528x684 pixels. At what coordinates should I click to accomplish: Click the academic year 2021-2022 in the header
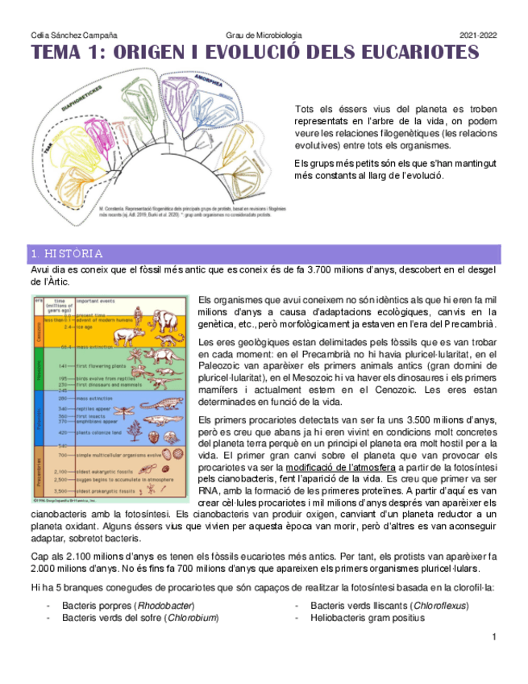click(x=478, y=36)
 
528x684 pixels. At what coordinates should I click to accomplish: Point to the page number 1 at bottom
click(x=493, y=637)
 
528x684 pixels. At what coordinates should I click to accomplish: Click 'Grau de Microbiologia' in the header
click(x=264, y=36)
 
